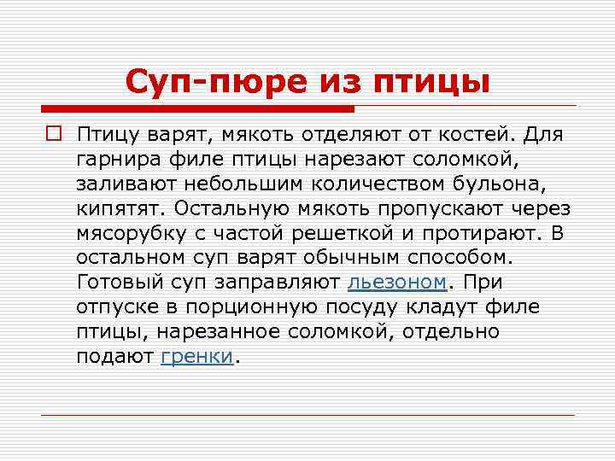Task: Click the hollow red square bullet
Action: [52, 135]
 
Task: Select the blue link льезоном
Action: [396, 283]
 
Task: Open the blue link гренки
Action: [196, 356]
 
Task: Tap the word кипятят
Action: [120, 208]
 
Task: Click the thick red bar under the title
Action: [197, 108]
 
